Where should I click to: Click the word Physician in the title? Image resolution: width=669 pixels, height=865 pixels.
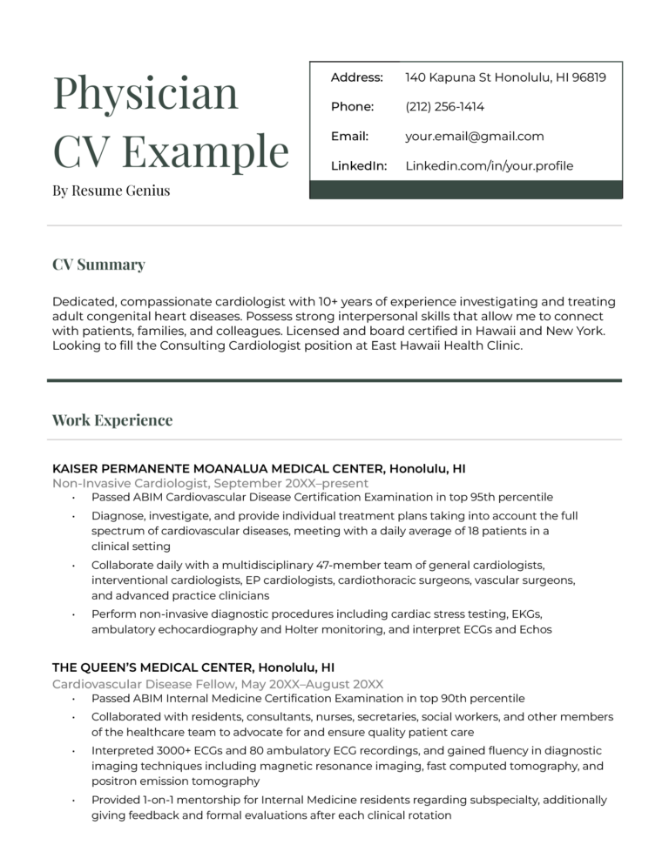145,93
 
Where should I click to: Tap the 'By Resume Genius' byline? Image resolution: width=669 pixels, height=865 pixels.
111,190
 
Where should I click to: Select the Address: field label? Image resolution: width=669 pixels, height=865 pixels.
356,77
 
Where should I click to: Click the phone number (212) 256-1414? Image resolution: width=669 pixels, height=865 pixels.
444,107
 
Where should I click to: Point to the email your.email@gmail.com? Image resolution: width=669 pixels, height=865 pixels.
474,137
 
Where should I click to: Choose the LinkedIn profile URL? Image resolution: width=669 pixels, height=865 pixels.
489,165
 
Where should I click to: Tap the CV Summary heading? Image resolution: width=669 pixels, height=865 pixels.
98,265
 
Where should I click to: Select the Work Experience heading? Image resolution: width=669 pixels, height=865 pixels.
112,420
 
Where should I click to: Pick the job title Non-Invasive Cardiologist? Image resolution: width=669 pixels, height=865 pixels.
131,483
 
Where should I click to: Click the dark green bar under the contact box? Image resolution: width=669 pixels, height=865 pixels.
466,190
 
